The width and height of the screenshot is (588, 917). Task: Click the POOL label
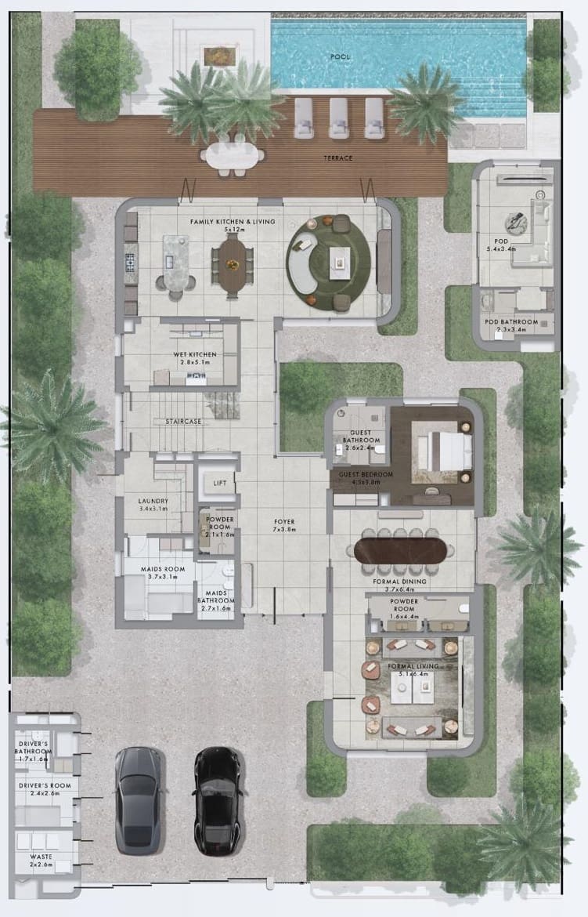pyautogui.click(x=341, y=57)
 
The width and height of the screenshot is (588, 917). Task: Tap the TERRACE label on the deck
pyautogui.click(x=338, y=158)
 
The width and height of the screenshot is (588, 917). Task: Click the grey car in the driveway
pyautogui.click(x=139, y=799)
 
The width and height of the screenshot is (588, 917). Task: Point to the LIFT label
pyautogui.click(x=220, y=484)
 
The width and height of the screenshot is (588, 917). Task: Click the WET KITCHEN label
pyautogui.click(x=195, y=354)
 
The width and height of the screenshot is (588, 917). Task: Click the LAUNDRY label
pyautogui.click(x=153, y=501)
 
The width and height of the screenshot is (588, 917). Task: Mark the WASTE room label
pyautogui.click(x=41, y=857)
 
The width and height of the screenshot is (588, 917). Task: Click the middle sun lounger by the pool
pyautogui.click(x=338, y=118)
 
